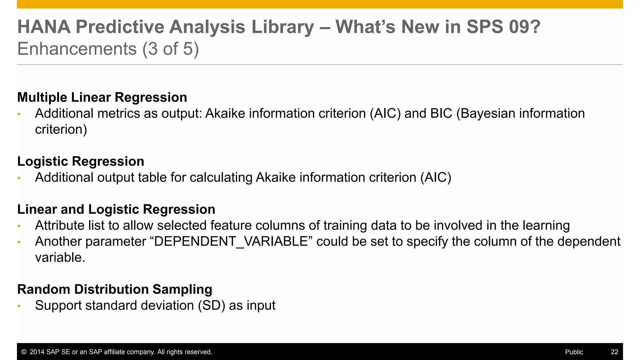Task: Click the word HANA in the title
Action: [x=44, y=27]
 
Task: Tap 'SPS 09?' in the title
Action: [x=503, y=27]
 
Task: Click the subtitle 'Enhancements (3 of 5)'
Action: [x=108, y=49]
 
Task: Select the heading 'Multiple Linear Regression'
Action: [x=102, y=97]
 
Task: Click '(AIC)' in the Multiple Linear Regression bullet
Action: [x=385, y=113]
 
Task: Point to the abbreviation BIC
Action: [x=441, y=113]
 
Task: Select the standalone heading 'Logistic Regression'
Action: [x=81, y=162]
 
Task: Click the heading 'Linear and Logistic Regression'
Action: [x=116, y=209]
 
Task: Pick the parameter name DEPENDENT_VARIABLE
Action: [x=231, y=242]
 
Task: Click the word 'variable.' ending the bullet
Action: [x=60, y=258]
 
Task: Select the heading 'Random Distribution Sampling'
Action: [x=114, y=289]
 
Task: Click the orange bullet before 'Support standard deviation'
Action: [x=19, y=306]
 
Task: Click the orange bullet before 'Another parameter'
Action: [x=19, y=242]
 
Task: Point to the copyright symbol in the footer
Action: [x=24, y=352]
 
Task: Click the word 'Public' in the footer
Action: [x=574, y=352]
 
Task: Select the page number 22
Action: [x=614, y=352]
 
